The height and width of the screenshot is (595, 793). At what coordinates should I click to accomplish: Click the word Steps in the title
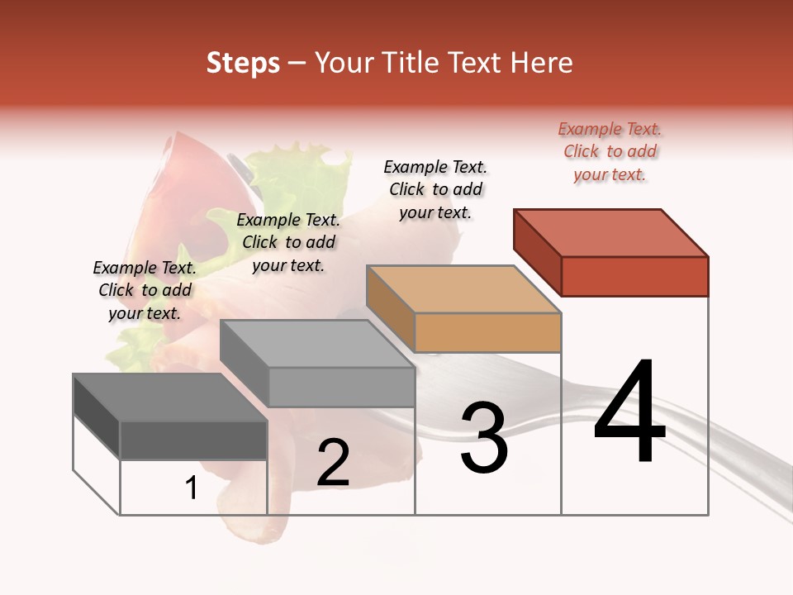243,63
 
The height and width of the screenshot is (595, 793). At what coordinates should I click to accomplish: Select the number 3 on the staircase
484,438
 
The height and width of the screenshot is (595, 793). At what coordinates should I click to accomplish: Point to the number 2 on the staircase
333,463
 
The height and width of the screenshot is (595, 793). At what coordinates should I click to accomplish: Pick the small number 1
192,488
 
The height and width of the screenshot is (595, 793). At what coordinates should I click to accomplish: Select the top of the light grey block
317,344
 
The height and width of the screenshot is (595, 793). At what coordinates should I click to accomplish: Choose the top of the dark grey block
169,397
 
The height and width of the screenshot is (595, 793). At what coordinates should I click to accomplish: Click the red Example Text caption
610,152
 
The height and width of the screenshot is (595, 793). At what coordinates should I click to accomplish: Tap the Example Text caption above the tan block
435,189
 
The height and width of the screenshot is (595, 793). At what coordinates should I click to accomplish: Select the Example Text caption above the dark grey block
145,290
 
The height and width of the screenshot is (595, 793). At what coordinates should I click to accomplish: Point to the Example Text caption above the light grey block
288,242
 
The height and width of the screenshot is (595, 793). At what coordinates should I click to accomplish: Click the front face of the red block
634,276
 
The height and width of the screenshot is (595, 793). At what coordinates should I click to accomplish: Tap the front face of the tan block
487,333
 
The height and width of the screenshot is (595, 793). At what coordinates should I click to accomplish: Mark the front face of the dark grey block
193,440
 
